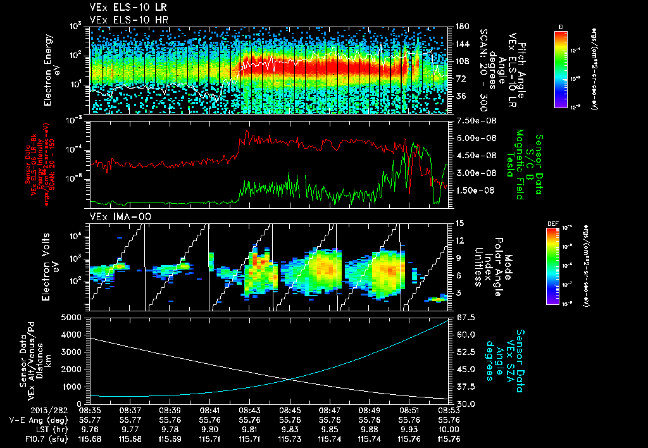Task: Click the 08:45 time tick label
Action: point(290,410)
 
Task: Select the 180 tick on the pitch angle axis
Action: point(461,27)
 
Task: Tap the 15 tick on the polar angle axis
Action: point(459,223)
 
